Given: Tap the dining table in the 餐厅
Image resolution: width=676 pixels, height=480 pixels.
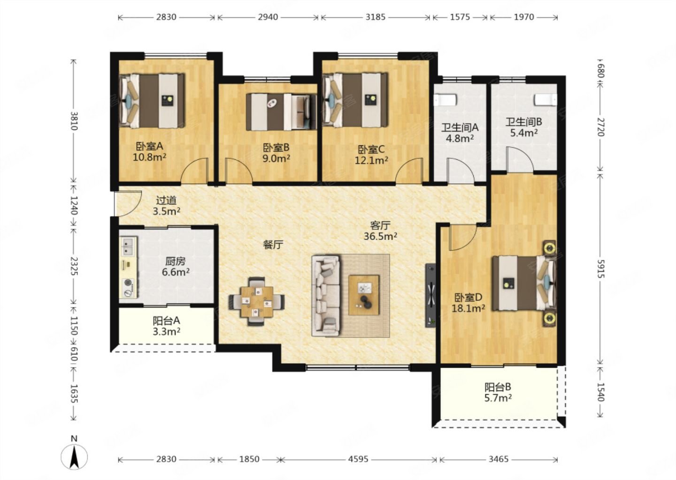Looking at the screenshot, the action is [256, 301].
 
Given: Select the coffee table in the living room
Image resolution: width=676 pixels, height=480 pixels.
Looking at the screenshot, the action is [364, 295].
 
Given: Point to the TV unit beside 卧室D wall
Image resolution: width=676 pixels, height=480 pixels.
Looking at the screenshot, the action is [430, 296].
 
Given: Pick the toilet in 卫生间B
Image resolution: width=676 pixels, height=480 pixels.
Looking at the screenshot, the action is [546, 99].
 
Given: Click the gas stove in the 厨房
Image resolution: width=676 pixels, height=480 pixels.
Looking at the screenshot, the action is [129, 287].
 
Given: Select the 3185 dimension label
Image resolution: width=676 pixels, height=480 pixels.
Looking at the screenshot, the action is [376, 17].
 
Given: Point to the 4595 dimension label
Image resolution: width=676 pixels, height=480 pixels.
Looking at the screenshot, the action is [358, 459].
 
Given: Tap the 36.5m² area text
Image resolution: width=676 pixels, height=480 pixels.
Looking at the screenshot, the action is [380, 236].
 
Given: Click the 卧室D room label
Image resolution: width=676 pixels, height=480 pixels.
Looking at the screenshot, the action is [469, 298].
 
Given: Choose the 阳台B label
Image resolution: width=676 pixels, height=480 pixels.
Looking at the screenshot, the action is [498, 387].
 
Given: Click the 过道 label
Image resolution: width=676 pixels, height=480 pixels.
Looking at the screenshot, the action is [166, 200].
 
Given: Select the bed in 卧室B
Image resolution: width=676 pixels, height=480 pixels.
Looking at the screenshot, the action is [281, 112].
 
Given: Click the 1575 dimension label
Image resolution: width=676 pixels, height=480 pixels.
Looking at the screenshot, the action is [460, 17].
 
